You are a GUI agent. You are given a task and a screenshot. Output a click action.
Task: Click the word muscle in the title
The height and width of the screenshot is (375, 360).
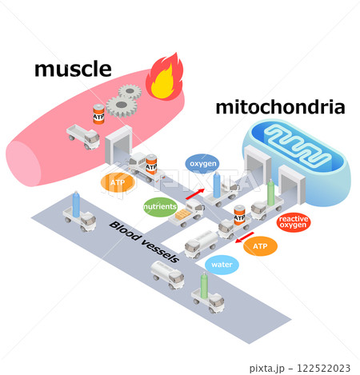(x=73, y=70)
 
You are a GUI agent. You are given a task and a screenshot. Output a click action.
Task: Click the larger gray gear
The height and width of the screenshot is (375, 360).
(x=122, y=103)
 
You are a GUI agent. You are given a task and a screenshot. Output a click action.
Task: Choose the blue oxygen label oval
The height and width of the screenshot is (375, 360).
(x=202, y=164)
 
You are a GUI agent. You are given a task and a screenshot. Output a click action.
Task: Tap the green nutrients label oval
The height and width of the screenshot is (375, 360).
(x=160, y=206)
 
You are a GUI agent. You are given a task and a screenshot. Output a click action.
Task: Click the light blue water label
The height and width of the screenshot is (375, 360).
(x=222, y=265)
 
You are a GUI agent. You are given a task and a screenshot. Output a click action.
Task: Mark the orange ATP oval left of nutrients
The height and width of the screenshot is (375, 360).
(x=118, y=183)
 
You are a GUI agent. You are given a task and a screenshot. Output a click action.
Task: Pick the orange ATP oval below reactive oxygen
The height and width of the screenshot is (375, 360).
(x=260, y=246)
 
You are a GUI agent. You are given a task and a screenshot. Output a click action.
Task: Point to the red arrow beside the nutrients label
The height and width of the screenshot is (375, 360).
(x=194, y=193)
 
